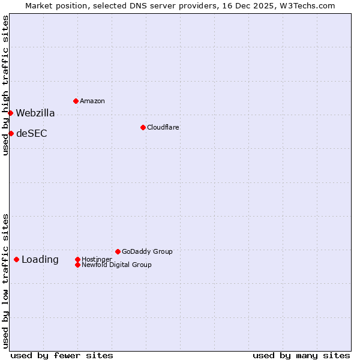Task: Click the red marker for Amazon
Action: [76, 101]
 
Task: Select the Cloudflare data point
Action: [143, 127]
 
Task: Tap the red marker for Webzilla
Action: [10, 113]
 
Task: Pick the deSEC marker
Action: [11, 133]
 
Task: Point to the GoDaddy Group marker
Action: [118, 251]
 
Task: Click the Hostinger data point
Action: [77, 259]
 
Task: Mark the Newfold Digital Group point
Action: [77, 265]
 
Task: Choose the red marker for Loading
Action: [16, 259]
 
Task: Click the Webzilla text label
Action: [35, 113]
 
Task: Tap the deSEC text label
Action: [31, 133]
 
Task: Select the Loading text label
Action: [40, 259]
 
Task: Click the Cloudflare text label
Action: [163, 127]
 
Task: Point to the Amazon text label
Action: [92, 101]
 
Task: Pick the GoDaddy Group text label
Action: [147, 251]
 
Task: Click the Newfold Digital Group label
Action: [116, 265]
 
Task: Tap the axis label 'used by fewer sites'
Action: [62, 355]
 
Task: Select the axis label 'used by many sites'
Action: [301, 355]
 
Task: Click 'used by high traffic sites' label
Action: [5, 85]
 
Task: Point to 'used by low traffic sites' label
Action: [5, 281]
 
